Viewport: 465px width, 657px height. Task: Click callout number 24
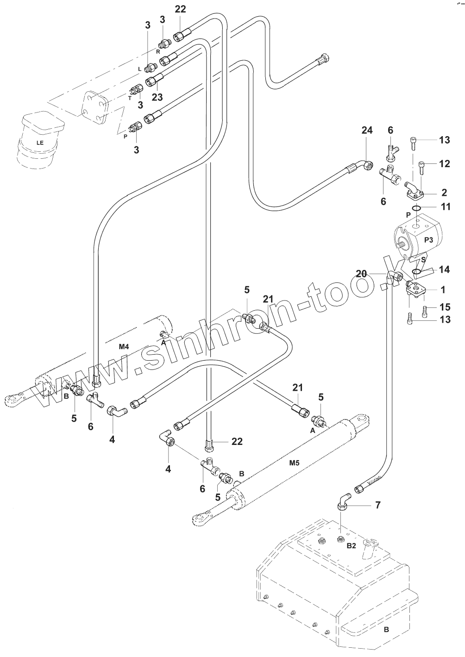click(x=366, y=131)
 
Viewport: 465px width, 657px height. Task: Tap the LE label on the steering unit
click(x=40, y=143)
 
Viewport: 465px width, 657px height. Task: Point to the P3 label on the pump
click(x=428, y=239)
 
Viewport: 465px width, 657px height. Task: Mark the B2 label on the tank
click(x=352, y=546)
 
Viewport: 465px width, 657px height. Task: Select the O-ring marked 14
click(x=416, y=271)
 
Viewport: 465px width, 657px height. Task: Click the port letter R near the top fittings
click(x=158, y=52)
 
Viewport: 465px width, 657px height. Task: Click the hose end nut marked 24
click(x=366, y=165)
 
